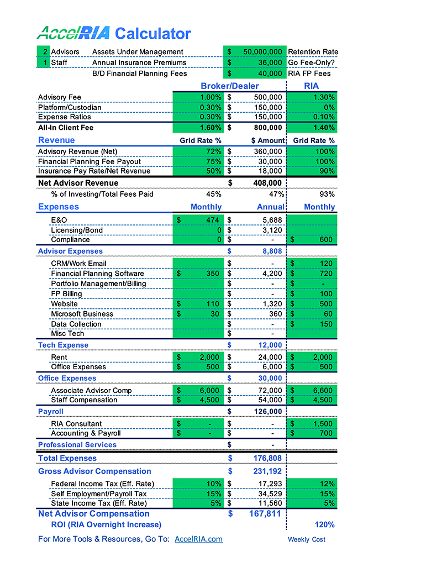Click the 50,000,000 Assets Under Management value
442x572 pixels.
pos(262,52)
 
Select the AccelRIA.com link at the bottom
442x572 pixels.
pos(198,539)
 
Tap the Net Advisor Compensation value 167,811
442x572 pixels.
pos(262,514)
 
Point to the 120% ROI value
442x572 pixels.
pos(325,524)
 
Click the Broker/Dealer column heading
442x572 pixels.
pos(229,86)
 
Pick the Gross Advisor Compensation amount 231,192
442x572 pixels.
pos(267,471)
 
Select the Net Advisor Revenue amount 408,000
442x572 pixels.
pos(267,183)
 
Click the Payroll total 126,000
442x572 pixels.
pos(267,412)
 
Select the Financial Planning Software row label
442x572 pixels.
pos(97,274)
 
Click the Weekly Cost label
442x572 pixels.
pos(307,539)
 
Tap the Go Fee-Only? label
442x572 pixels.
pos(312,62)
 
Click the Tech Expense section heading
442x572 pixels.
pos(63,345)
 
